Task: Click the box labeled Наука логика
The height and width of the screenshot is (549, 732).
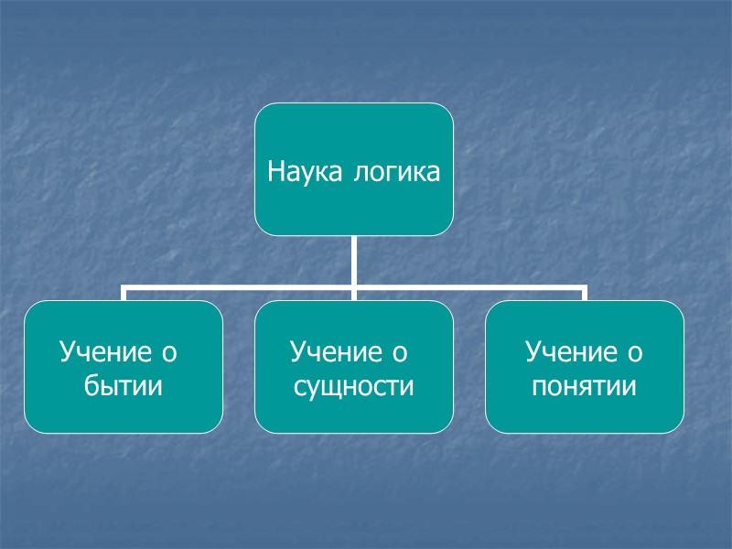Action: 353,210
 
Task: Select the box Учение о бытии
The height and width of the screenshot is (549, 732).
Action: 123,403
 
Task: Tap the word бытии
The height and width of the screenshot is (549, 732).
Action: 123,386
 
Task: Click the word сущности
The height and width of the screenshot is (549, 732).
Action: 353,386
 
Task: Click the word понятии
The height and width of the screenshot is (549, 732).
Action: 584,386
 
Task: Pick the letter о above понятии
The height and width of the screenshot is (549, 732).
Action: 634,351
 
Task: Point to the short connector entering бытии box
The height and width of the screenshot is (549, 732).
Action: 124,295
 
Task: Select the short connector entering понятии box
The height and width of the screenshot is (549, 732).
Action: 584,295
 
